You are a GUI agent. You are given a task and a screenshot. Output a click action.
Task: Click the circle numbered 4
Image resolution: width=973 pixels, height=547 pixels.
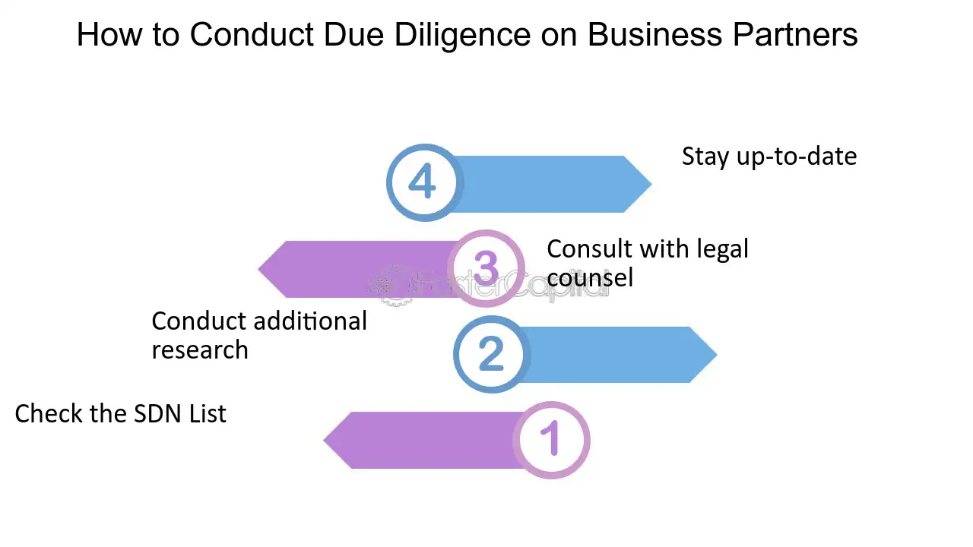click(423, 182)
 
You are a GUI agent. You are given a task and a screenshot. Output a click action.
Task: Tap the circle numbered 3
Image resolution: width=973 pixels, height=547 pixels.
click(486, 268)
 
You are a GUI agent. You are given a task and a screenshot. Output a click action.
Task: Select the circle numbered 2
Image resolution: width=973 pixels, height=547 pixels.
click(491, 354)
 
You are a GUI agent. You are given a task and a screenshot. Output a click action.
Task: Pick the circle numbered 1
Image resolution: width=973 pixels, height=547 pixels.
click(551, 440)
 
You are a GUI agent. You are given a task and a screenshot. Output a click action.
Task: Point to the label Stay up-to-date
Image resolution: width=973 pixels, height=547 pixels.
click(769, 157)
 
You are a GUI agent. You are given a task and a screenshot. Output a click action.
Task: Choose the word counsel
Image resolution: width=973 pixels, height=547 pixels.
click(589, 278)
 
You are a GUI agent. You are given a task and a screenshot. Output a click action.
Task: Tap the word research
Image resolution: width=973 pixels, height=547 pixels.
click(200, 350)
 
